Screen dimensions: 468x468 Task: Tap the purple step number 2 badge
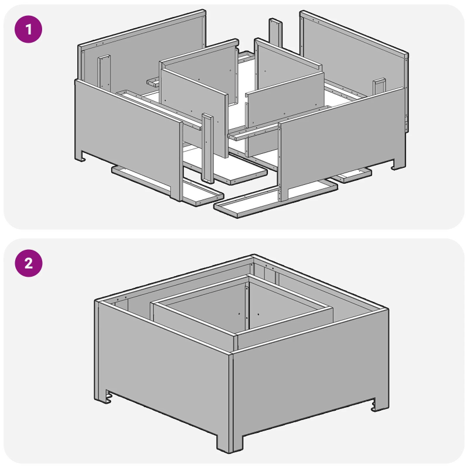(28, 264)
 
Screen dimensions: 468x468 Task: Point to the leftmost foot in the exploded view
(81, 156)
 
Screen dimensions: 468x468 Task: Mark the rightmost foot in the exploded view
(398, 165)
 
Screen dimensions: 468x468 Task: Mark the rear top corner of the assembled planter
(252, 256)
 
